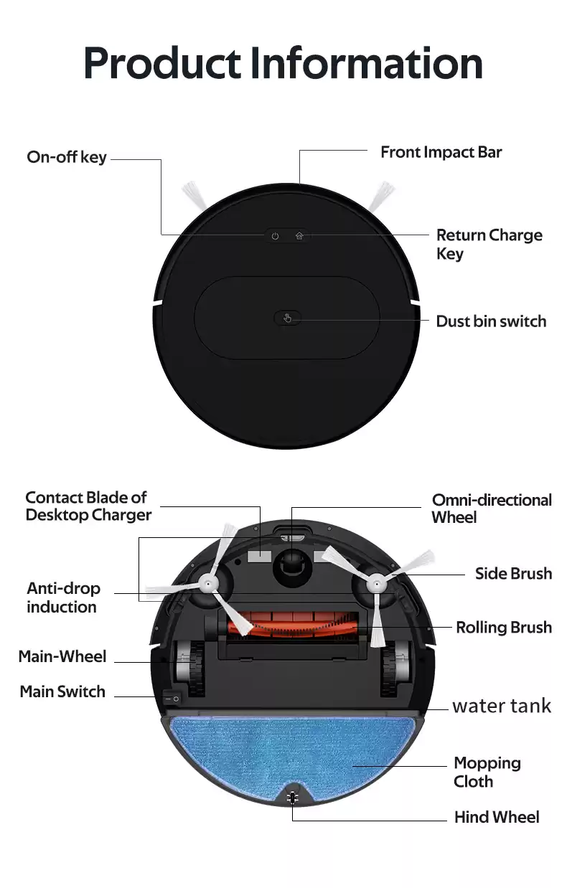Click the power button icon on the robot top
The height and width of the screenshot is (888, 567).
pyautogui.click(x=275, y=236)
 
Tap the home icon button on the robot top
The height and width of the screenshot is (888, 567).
pyautogui.click(x=299, y=235)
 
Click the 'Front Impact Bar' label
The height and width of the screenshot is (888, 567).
pyautogui.click(x=441, y=152)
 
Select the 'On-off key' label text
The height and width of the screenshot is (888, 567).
pyautogui.click(x=67, y=157)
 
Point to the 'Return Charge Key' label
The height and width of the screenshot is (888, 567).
pyautogui.click(x=489, y=244)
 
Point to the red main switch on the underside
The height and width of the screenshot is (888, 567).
pyautogui.click(x=171, y=696)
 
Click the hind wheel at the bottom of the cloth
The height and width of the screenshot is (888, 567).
pyautogui.click(x=292, y=798)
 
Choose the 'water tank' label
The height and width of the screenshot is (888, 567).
pyautogui.click(x=502, y=706)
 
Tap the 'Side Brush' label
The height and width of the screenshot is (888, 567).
pyautogui.click(x=513, y=573)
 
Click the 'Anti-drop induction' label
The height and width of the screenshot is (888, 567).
pyautogui.click(x=63, y=597)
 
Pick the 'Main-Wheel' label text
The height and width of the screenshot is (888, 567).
pyautogui.click(x=62, y=656)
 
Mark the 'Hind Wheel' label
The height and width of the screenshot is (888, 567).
pyautogui.click(x=497, y=817)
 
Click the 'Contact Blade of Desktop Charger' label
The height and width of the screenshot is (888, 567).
pyautogui.click(x=88, y=506)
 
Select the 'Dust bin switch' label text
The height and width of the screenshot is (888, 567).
pyautogui.click(x=491, y=321)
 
